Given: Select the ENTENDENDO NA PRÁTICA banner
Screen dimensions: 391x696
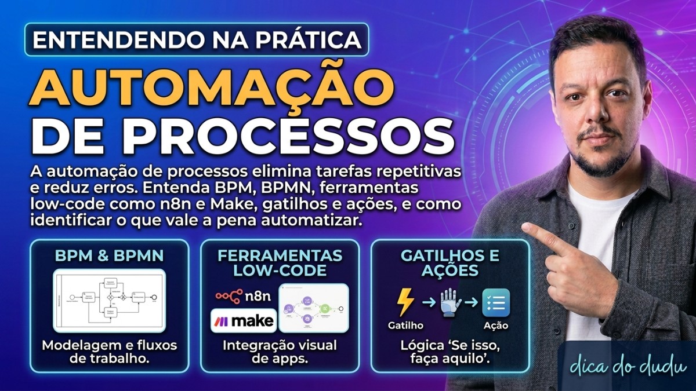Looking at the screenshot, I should [197, 39].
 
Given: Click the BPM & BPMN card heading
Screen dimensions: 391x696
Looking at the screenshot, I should [109, 255].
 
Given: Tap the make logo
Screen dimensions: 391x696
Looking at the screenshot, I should [244, 320].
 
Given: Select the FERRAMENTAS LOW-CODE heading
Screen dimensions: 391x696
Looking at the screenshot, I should [280, 262].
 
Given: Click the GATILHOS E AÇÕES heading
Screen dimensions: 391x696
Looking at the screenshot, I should [451, 262].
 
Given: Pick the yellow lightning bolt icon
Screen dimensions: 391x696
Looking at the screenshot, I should [405, 303].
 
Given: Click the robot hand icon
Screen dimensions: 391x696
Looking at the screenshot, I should [451, 303].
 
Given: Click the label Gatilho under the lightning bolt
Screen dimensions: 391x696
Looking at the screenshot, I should [405, 326].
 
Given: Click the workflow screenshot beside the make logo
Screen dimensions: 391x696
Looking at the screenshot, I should [314, 308].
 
